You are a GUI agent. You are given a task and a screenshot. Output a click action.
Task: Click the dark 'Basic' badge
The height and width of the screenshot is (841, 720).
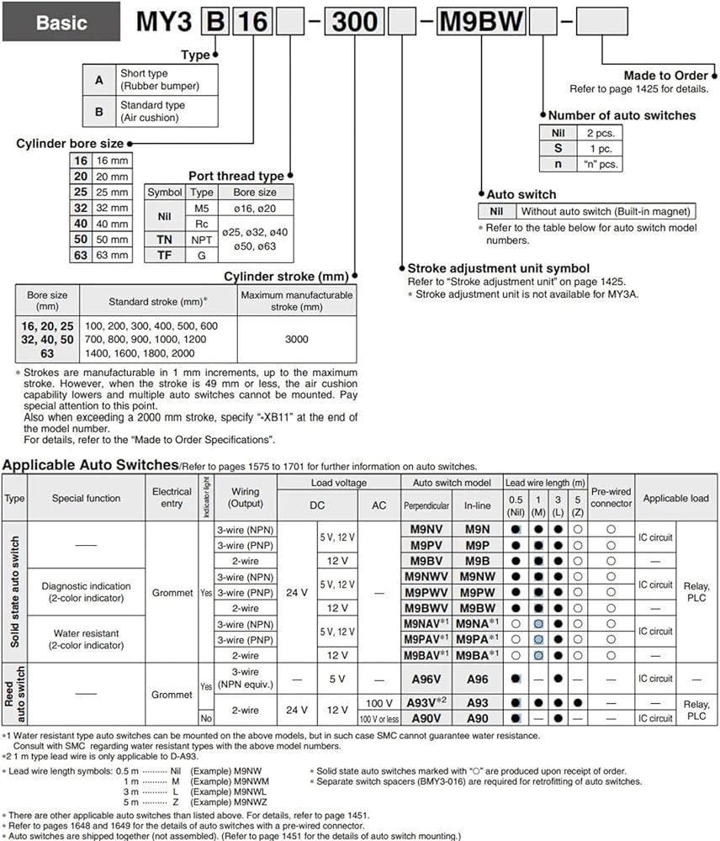click(62, 23)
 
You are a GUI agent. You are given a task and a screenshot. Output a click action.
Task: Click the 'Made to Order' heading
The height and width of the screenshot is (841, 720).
click(666, 76)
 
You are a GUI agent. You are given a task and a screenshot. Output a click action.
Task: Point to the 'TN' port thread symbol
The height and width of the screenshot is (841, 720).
click(164, 240)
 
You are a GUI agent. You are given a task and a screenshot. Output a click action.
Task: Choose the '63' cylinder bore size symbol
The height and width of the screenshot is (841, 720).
click(78, 255)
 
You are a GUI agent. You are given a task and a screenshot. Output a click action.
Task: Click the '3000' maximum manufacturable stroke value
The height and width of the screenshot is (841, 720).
click(297, 340)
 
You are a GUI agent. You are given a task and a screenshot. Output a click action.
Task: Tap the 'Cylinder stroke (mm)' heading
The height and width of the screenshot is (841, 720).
click(286, 276)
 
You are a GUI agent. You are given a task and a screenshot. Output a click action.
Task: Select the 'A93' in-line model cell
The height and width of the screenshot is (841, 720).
click(477, 702)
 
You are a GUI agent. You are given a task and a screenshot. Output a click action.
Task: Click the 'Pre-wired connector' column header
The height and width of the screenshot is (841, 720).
click(611, 498)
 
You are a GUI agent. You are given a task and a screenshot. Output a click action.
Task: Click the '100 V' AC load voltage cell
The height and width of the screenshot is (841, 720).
click(380, 702)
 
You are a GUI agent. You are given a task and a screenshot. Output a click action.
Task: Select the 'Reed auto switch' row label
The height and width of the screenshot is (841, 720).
click(15, 695)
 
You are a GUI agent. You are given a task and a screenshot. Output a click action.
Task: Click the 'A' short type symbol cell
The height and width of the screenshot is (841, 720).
click(99, 80)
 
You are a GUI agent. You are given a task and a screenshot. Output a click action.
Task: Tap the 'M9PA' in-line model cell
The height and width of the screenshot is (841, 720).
click(477, 639)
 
